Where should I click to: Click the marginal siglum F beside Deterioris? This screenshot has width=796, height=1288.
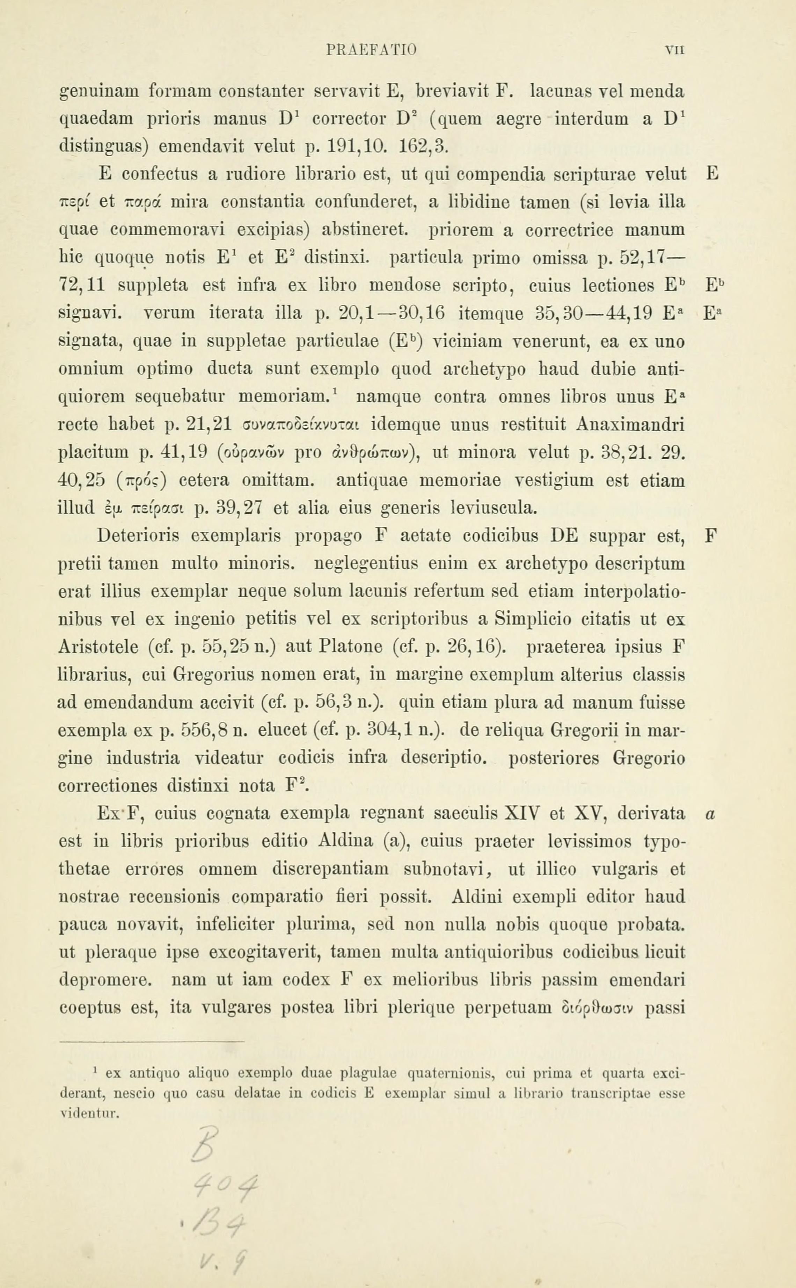tap(711, 536)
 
